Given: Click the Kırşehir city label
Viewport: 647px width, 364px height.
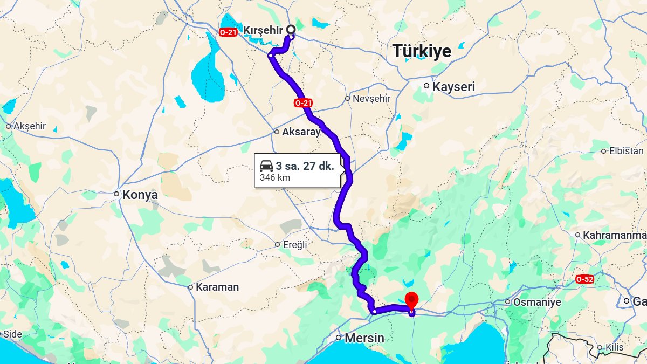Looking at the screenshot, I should [x=263, y=30].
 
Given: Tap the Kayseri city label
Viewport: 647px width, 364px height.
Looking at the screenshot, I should [x=453, y=86].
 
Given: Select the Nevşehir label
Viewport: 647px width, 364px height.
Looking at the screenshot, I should [x=371, y=99].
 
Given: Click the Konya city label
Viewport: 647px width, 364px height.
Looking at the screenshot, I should [x=140, y=195].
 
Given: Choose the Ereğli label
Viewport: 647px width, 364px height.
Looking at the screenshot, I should [x=294, y=244].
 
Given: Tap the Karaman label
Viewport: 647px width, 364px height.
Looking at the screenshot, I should [x=217, y=287].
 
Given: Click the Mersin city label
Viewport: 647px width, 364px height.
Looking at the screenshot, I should [x=365, y=338].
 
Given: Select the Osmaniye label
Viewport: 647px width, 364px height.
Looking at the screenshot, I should [x=536, y=302].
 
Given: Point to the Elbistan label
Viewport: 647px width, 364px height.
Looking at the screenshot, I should [x=626, y=151].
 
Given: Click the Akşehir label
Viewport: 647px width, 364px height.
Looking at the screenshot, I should [x=30, y=126].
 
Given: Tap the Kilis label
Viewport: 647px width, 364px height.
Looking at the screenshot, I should [x=615, y=348].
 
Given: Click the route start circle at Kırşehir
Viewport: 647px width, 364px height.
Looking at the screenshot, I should [x=291, y=29].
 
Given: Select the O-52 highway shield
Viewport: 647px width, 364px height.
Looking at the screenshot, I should [x=584, y=279].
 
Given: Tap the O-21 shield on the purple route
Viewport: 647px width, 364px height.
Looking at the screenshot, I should [x=304, y=102].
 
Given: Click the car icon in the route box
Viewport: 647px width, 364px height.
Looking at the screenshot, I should [x=266, y=166].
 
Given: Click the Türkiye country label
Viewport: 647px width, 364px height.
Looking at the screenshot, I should [x=422, y=51].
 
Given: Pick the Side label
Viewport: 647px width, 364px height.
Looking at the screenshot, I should [x=12, y=334].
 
